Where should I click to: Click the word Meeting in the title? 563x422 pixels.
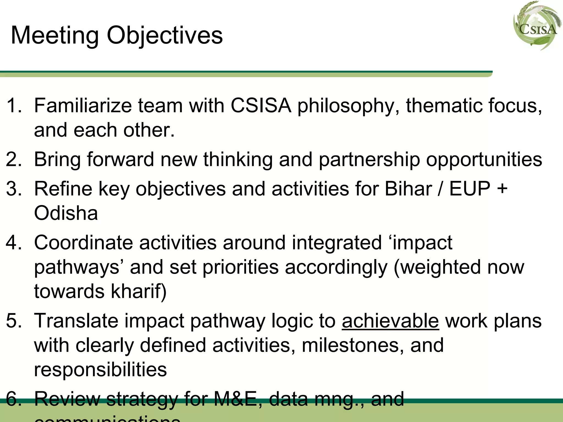point(55,35)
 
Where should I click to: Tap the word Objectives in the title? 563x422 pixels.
point(165,36)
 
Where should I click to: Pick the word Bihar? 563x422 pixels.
point(408,189)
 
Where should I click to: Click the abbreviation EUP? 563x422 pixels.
point(470,189)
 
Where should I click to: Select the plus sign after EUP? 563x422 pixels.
point(502,189)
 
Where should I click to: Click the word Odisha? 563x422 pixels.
point(66,213)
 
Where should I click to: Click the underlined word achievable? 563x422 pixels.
point(390,321)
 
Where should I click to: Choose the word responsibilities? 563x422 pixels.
point(100,370)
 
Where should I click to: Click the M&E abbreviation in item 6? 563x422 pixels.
point(235,399)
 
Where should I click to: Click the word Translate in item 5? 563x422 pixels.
point(76,321)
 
